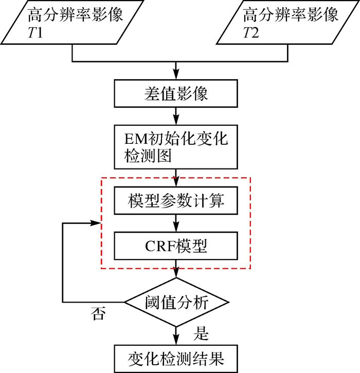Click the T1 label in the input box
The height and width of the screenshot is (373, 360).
[35, 32]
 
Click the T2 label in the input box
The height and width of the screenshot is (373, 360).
[251, 32]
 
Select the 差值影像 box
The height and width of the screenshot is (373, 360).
[176, 94]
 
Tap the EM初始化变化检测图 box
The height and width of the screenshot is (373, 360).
[176, 147]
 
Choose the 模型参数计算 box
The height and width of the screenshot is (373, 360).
[176, 200]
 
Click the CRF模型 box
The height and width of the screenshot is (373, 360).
[176, 246]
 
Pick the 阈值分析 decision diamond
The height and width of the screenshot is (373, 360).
[176, 302]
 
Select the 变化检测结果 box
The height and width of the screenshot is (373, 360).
[176, 359]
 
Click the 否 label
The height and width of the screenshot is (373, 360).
[98, 313]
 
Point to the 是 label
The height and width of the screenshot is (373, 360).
[201, 333]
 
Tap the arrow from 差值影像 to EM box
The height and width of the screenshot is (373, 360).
[176, 116]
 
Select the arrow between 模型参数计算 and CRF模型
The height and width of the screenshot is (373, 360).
[176, 223]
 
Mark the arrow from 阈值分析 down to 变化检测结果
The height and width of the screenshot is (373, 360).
[176, 335]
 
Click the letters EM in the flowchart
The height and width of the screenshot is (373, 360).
[136, 139]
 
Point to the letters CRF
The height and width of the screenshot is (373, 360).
[160, 246]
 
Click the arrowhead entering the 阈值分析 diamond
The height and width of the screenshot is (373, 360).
[176, 273]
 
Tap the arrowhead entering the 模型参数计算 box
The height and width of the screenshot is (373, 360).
[176, 181]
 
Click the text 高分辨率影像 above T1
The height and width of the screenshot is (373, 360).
[75, 14]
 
